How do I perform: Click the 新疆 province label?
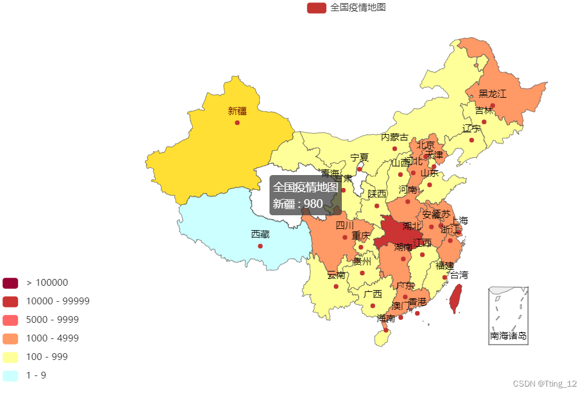pyautogui.click(x=237, y=111)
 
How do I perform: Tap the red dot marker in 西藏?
pyautogui.click(x=260, y=246)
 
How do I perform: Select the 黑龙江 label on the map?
pyautogui.click(x=492, y=94)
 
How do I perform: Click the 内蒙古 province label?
pyautogui.click(x=394, y=137)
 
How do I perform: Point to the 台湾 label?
pyautogui.click(x=459, y=275)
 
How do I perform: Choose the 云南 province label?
pyautogui.click(x=336, y=275)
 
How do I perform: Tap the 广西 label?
pyautogui.click(x=373, y=294)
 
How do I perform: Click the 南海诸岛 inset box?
pyautogui.click(x=508, y=315)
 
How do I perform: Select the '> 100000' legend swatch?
pyautogui.click(x=11, y=283)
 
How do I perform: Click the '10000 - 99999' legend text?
pyautogui.click(x=57, y=301)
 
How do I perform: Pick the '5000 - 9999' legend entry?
pyautogui.click(x=52, y=320)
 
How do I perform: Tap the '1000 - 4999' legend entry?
pyautogui.click(x=52, y=338)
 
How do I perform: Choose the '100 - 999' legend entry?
pyautogui.click(x=46, y=357)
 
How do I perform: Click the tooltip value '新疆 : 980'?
pyautogui.click(x=298, y=203)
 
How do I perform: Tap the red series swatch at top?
pyautogui.click(x=316, y=7)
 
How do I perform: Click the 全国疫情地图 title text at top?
pyautogui.click(x=358, y=7)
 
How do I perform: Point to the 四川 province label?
pyautogui.click(x=345, y=226)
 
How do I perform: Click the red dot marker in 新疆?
pyautogui.click(x=237, y=122)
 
